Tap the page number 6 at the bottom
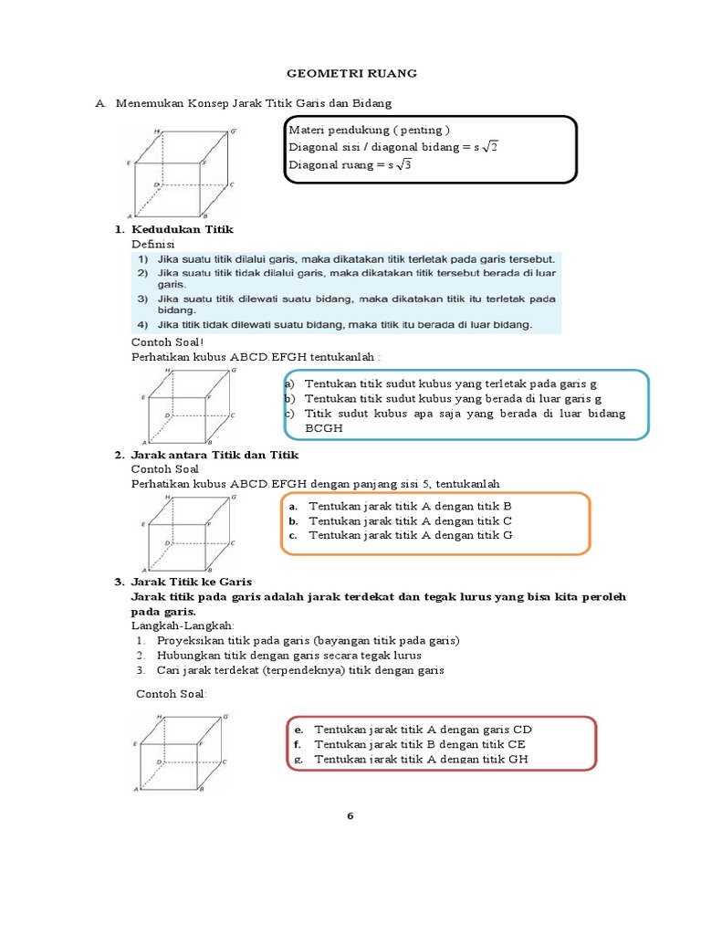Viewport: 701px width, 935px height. point(349,815)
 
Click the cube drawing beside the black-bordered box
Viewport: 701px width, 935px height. point(183,173)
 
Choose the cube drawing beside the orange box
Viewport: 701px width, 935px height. point(183,531)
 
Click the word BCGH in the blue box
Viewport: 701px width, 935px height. point(324,428)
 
